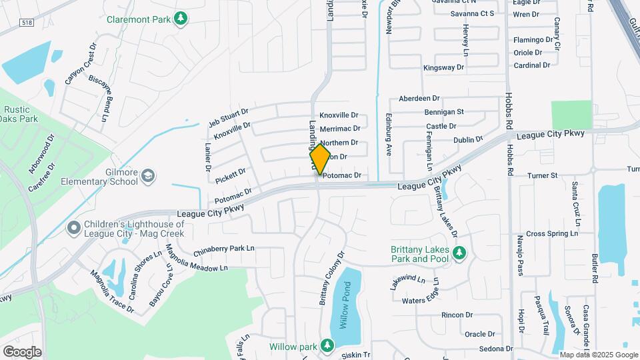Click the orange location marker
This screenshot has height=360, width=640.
[320, 159]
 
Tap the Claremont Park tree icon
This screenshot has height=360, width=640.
[179, 19]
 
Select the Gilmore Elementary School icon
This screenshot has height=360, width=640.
[147, 176]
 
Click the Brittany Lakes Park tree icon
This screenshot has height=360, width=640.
[458, 253]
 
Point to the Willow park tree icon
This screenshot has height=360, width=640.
[326, 345]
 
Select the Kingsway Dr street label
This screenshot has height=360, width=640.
[444, 68]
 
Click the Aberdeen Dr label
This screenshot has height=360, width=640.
[419, 99]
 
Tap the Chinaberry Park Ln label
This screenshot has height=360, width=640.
[224, 251]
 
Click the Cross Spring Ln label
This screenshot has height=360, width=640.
[551, 234]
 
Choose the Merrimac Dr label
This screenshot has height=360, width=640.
[340, 129]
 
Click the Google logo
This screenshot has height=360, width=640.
[22, 351]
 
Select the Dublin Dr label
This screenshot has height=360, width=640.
[467, 140]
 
